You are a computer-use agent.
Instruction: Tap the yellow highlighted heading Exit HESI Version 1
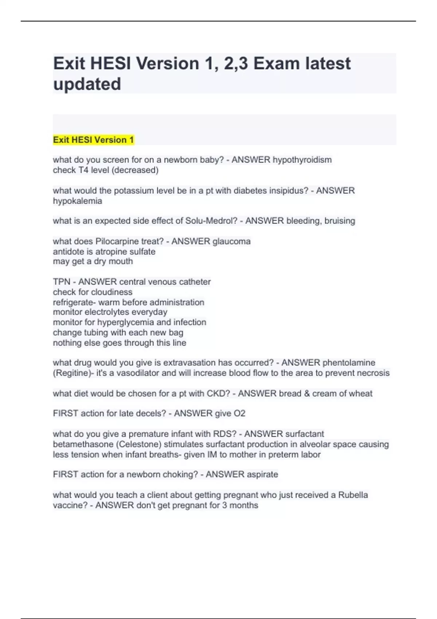tap(94, 140)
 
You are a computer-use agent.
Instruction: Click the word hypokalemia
tap(77, 201)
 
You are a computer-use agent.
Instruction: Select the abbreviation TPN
tap(62, 282)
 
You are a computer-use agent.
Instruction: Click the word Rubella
tap(353, 495)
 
